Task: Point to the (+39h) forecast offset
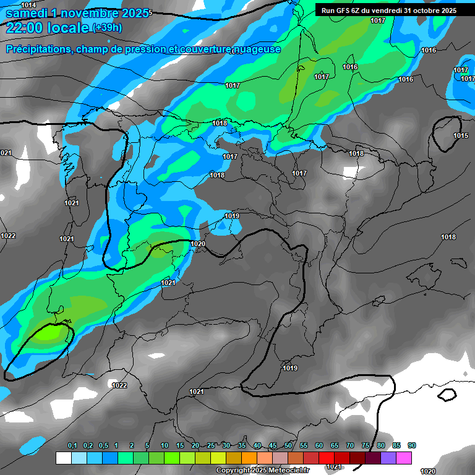coord(106,28)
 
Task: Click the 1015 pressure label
coord(461,135)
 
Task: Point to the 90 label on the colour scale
coord(412,446)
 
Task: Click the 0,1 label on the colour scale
coord(72,446)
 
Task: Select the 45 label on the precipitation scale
coord(273,446)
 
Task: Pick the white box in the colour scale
coord(63,458)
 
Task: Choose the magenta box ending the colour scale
coord(404,458)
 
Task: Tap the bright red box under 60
coord(327,458)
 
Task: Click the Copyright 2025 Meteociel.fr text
coord(262,471)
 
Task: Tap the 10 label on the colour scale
coord(165,446)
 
